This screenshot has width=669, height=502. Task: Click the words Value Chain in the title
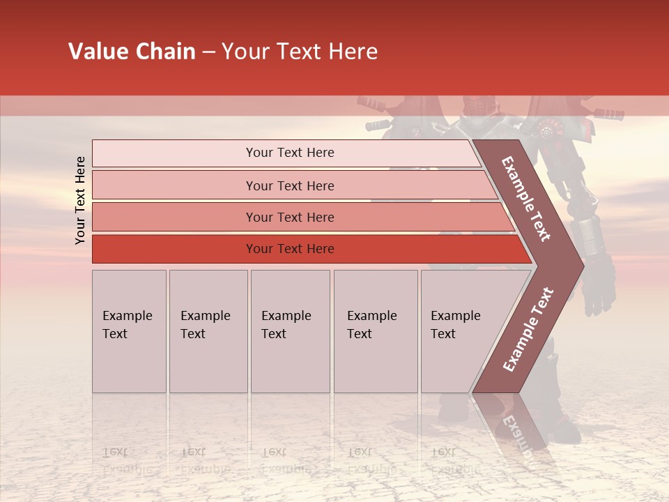pos(132,52)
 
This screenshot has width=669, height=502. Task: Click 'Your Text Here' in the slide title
pos(300,52)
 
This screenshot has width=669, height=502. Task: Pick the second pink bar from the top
pos(289,185)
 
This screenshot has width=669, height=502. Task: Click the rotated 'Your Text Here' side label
pos(80,200)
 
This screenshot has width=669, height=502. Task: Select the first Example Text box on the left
pos(129,331)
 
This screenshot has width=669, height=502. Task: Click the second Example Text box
pos(208,331)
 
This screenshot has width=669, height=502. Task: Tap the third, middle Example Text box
pos(290,331)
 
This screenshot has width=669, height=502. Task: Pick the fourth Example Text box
pos(376,331)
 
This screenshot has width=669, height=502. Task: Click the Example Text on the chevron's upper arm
pos(527,199)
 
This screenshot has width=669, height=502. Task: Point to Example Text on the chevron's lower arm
pos(528,329)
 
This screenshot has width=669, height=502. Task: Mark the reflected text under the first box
pos(125,460)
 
